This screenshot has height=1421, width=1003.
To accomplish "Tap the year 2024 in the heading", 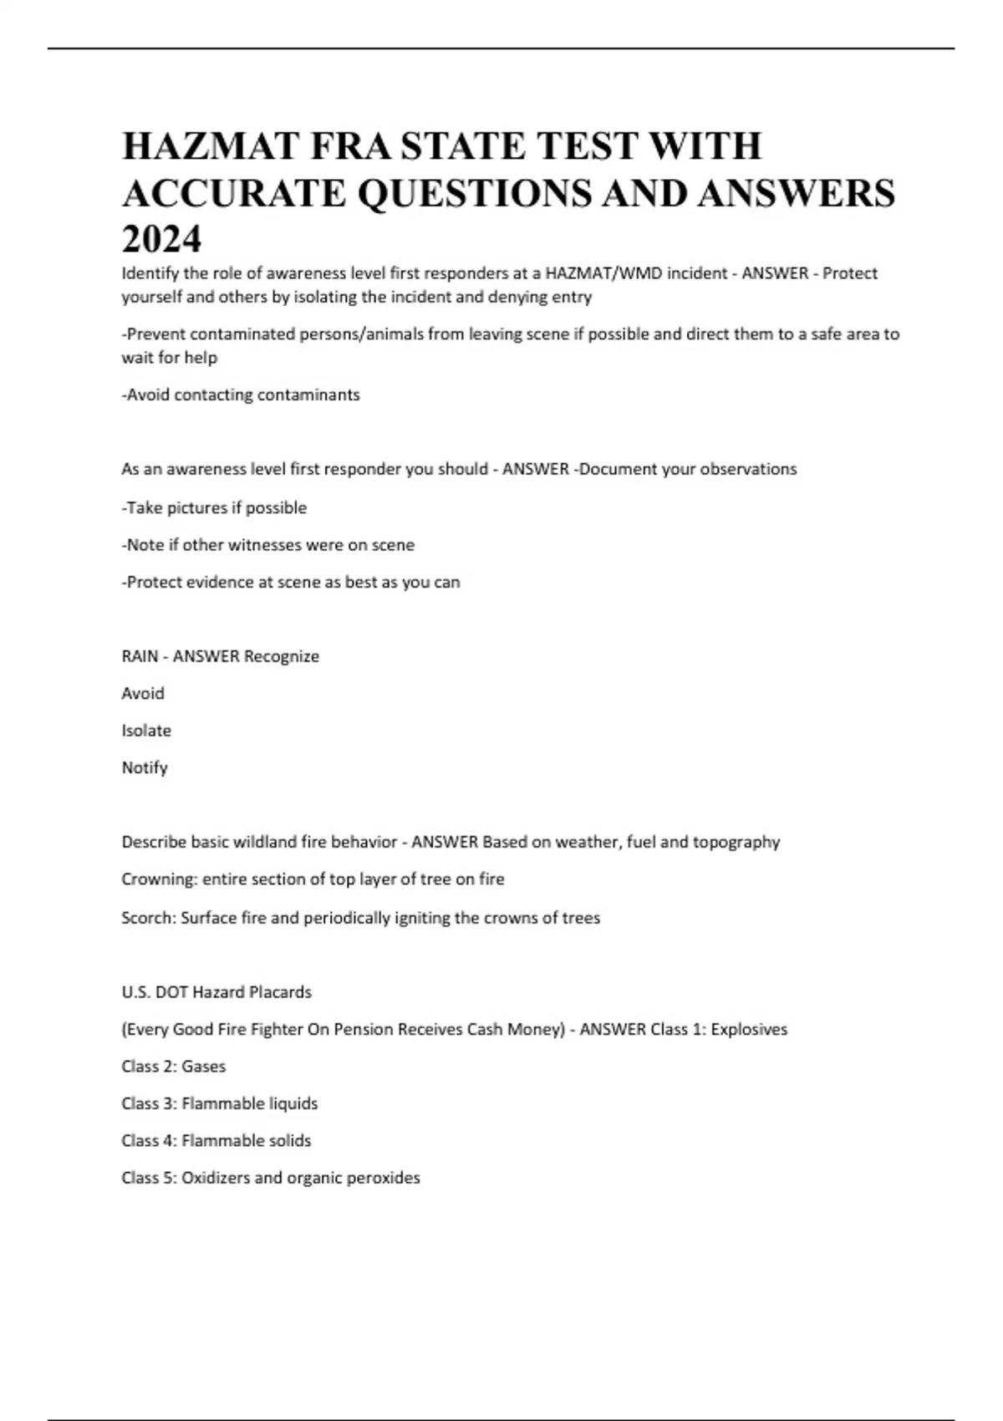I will (x=161, y=240).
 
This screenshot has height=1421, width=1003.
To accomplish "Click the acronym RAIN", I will (x=140, y=656).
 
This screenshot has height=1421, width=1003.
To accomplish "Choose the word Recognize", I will (x=281, y=656).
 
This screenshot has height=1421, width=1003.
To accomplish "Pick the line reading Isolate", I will (x=146, y=731).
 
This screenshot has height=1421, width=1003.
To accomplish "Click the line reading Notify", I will (x=145, y=767).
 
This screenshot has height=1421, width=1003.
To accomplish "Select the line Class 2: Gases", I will (x=174, y=1067).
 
